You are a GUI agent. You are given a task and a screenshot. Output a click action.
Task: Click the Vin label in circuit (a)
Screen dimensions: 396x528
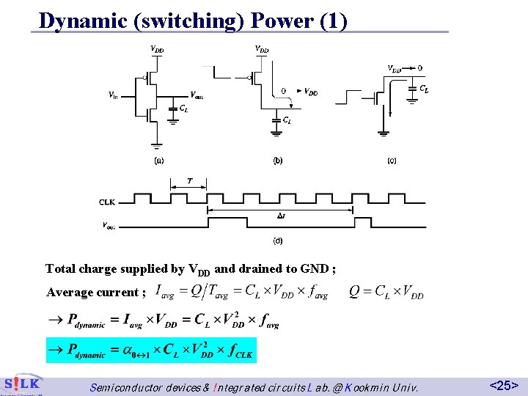[113, 95]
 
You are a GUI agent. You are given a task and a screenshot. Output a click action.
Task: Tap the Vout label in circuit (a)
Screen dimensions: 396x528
[197, 95]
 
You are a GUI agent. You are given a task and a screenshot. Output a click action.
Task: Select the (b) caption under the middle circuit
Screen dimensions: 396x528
[277, 160]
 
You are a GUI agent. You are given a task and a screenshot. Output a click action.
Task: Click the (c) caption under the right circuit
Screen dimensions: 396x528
[391, 160]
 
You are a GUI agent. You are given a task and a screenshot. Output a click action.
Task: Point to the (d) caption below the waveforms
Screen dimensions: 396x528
[278, 240]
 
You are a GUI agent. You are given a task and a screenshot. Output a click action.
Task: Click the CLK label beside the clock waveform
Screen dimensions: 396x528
[107, 201]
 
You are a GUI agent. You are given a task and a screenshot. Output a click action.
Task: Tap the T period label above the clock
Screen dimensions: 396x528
[190, 180]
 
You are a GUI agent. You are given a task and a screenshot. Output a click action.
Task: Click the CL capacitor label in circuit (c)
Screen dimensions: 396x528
[424, 89]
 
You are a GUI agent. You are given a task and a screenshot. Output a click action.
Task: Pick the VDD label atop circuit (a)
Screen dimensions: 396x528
[157, 50]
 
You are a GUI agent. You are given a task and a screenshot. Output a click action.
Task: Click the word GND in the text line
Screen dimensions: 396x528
[316, 269]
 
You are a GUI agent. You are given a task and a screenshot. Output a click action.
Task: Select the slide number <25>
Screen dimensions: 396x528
[504, 385]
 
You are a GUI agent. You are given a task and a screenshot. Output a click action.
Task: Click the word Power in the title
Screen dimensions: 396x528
[282, 20]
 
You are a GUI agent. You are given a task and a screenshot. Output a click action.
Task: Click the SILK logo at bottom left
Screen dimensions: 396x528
[21, 384]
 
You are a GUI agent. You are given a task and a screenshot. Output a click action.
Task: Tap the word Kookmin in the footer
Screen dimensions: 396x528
[359, 386]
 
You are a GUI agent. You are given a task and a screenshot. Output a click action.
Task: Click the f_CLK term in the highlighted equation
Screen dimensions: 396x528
[240, 351]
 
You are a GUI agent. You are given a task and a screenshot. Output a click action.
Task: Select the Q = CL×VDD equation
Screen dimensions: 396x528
[386, 292]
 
